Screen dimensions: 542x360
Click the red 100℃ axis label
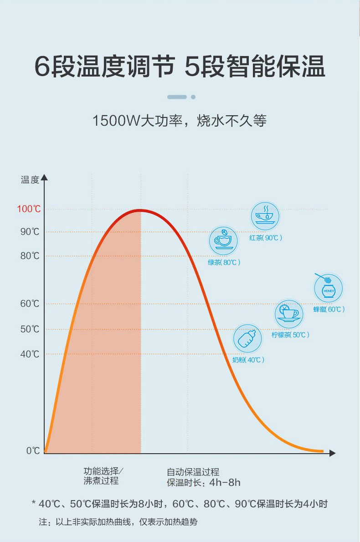click(29, 209)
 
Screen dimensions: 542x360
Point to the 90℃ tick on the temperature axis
click(30, 232)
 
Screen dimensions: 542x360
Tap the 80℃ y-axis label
click(30, 256)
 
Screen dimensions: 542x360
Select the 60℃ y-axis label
click(30, 304)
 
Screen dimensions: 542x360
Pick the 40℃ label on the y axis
click(30, 354)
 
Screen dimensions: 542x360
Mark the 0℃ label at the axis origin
click(33, 450)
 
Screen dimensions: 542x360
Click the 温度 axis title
click(30, 180)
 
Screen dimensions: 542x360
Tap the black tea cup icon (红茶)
click(265, 216)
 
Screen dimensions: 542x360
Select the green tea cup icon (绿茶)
click(223, 240)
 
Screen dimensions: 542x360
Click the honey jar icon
click(328, 288)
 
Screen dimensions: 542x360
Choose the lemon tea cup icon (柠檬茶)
click(289, 313)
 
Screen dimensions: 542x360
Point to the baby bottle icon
click(248, 339)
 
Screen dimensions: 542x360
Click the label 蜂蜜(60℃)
click(329, 310)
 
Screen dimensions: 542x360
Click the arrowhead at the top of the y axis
click(44, 177)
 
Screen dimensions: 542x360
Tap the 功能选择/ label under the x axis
click(104, 471)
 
